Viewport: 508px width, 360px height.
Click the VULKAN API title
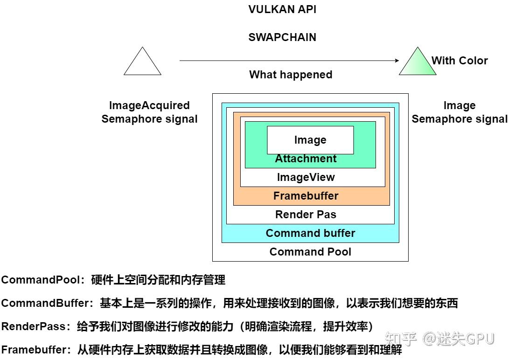click(282, 9)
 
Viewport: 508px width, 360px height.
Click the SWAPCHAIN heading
click(282, 37)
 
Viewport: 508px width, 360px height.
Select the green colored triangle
click(417, 64)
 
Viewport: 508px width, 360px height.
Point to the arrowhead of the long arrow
click(397, 60)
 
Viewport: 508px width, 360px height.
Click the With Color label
click(459, 60)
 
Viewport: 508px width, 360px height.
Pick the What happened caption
click(291, 75)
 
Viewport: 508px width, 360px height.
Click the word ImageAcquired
click(149, 105)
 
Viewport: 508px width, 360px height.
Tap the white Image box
click(310, 140)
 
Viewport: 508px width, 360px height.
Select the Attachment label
click(306, 159)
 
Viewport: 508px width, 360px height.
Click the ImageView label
click(306, 177)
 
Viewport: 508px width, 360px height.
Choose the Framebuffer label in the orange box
click(306, 196)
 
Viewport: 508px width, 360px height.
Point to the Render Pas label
click(306, 215)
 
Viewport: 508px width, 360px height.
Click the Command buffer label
click(310, 233)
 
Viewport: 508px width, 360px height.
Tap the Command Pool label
click(310, 252)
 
